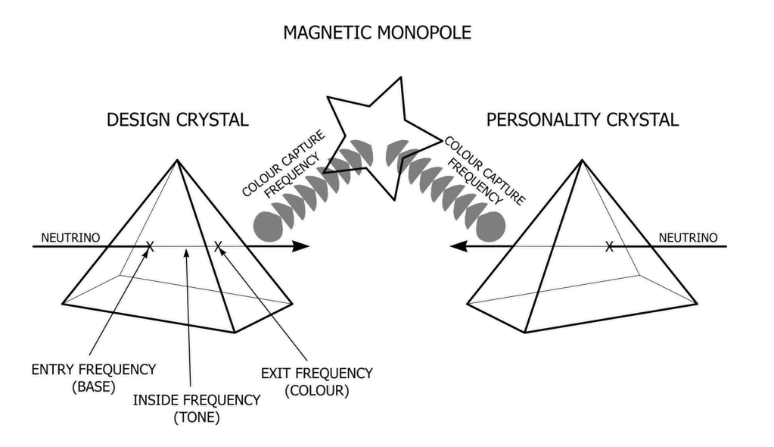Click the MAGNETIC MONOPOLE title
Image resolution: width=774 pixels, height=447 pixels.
click(377, 33)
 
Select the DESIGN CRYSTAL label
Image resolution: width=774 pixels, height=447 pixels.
click(178, 120)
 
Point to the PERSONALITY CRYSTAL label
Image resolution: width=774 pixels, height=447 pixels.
click(583, 120)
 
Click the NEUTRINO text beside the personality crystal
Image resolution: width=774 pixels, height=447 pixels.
click(688, 238)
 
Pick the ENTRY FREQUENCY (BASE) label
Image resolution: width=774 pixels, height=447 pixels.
click(94, 377)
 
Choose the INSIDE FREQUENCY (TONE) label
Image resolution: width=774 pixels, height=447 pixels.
click(197, 408)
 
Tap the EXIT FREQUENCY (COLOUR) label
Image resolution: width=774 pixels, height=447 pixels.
click(316, 381)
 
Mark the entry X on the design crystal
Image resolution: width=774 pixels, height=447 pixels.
click(150, 246)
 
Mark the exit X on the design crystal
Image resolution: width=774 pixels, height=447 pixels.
click(218, 246)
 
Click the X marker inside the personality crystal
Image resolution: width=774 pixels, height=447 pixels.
click(608, 246)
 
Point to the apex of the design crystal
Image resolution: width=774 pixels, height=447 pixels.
click(178, 160)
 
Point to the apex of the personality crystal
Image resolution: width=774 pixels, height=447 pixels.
click(583, 160)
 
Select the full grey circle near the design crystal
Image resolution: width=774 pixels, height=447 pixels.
click(267, 225)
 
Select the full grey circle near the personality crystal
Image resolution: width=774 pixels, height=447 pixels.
click(490, 225)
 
